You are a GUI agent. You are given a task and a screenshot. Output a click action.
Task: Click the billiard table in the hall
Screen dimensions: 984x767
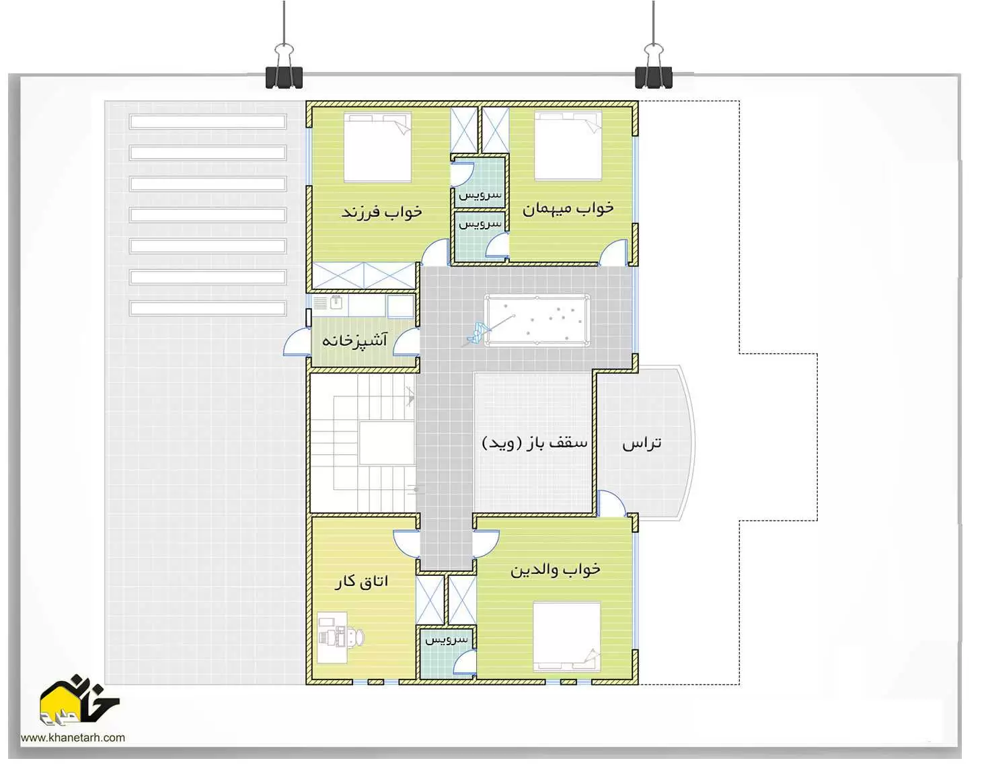click(537, 320)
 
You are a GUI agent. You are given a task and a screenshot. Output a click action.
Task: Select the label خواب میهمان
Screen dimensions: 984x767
click(568, 208)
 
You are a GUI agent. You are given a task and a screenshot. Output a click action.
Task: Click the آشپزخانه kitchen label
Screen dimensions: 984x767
click(354, 339)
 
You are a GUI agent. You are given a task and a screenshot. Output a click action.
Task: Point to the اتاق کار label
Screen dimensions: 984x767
click(361, 581)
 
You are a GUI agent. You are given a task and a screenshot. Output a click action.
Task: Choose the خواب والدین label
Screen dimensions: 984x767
click(555, 569)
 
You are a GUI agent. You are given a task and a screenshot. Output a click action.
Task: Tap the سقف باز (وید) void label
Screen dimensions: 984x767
click(534, 442)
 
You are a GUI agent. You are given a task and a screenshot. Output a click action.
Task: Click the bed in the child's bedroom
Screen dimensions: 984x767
click(378, 147)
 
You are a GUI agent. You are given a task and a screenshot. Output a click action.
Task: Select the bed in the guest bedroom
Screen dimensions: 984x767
click(568, 145)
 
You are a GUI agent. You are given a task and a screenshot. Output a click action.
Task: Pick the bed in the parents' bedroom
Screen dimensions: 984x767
click(567, 636)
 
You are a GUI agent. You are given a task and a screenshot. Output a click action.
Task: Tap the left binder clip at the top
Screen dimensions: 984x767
click(284, 66)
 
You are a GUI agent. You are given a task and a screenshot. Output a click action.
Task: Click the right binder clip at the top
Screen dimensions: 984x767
click(654, 66)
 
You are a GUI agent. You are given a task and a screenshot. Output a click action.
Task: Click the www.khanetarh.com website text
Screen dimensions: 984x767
click(73, 737)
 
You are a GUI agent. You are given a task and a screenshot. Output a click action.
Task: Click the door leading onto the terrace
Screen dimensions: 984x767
click(611, 503)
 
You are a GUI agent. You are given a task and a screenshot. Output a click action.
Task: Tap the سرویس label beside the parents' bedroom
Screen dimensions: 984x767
click(446, 640)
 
